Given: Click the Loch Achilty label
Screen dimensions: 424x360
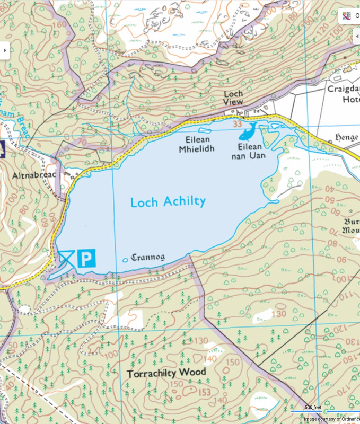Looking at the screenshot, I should point(168,202).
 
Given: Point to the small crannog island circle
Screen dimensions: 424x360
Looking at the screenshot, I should point(126,260).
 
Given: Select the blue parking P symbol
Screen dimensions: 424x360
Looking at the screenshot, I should point(86,258).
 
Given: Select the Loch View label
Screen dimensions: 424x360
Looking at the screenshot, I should point(233,98).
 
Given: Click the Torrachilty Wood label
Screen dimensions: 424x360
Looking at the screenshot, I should point(166,373).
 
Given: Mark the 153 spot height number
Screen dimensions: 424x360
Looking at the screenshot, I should point(204,393).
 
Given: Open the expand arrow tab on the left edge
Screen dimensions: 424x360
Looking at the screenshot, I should point(5,50).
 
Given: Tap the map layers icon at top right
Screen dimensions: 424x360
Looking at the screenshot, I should point(347,16).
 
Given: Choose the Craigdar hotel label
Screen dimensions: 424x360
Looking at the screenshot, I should point(343,94).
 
